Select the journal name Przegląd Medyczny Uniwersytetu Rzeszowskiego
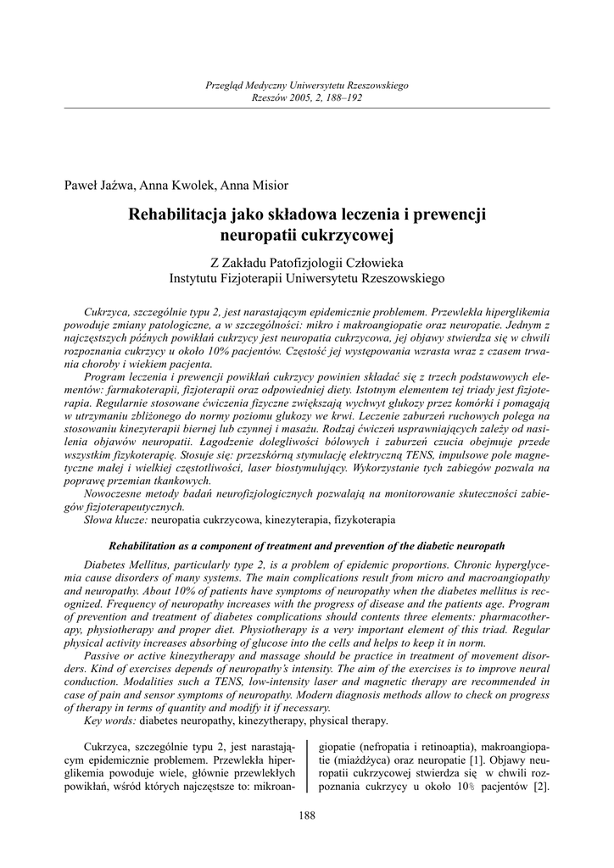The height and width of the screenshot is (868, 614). click(307, 86)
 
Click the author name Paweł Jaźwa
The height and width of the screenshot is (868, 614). click(93, 186)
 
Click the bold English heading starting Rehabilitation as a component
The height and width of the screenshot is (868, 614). click(307, 545)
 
